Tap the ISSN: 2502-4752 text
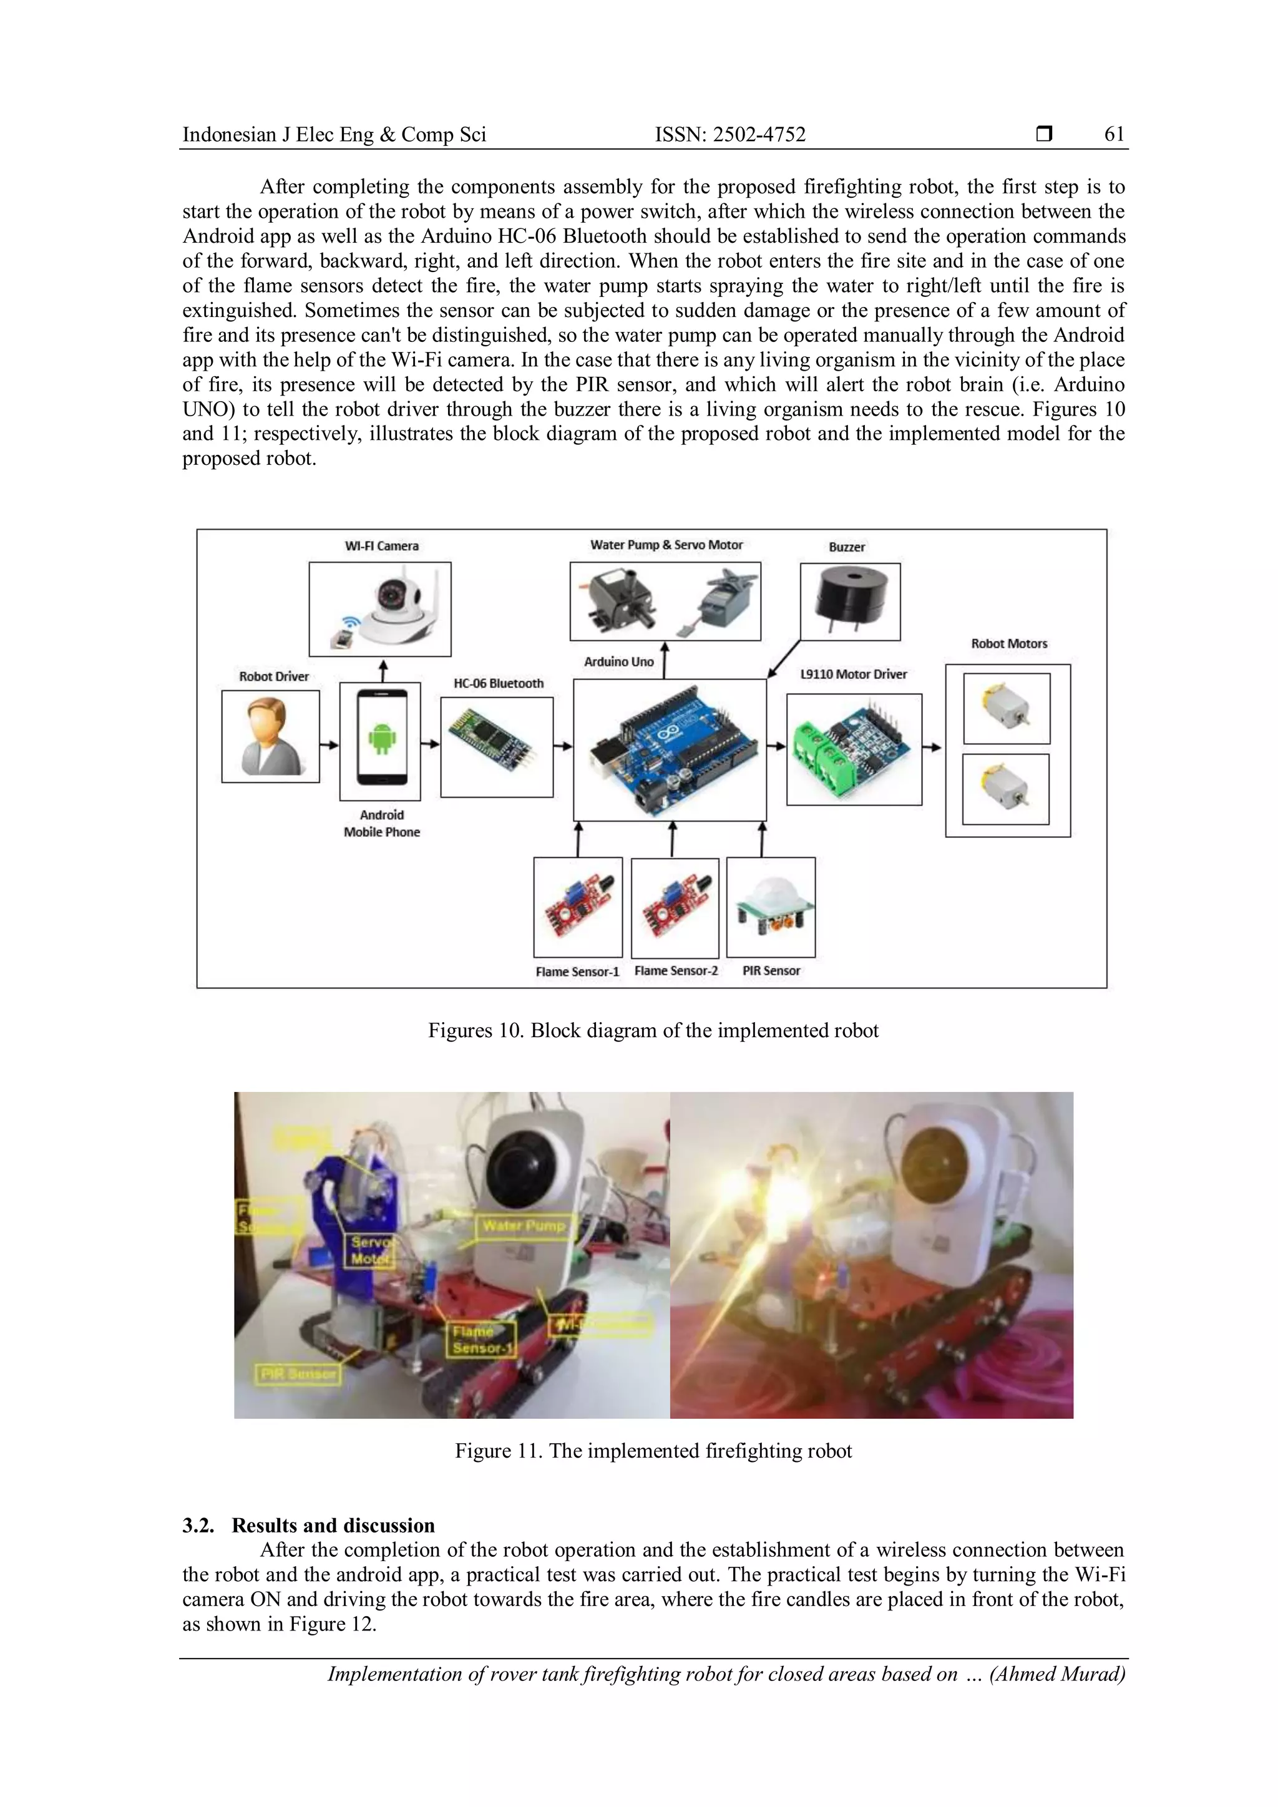pyautogui.click(x=730, y=135)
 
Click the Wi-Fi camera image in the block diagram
pyautogui.click(x=380, y=608)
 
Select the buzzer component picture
pyautogui.click(x=850, y=602)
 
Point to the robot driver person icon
pyautogui.click(x=271, y=737)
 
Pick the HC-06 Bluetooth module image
pyautogui.click(x=497, y=747)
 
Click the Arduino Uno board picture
pyautogui.click(x=670, y=749)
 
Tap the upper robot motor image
pyautogui.click(x=1007, y=708)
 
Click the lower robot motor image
pyautogui.click(x=1006, y=789)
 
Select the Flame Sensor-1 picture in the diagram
pyautogui.click(x=578, y=907)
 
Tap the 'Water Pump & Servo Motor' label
pyautogui.click(x=666, y=545)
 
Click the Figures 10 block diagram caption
pyautogui.click(x=653, y=1030)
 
